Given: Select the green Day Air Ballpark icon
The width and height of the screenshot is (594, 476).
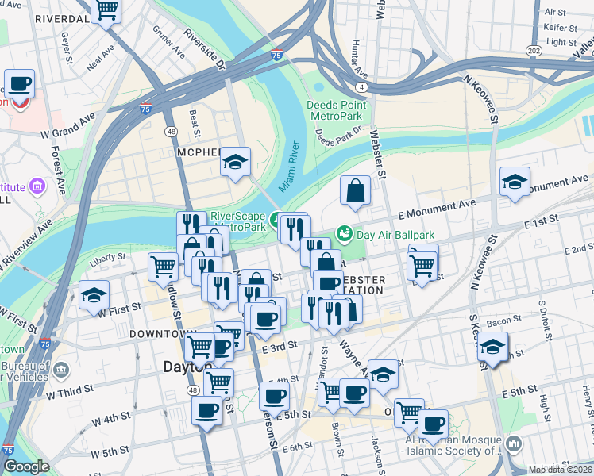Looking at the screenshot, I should (x=345, y=233).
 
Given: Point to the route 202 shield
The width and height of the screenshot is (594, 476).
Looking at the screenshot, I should (x=534, y=51).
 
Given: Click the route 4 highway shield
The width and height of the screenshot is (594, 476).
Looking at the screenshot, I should (x=361, y=86).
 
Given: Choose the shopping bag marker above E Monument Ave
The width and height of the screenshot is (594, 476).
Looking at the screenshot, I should (x=355, y=190).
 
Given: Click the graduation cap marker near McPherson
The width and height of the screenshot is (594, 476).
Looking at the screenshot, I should (x=235, y=162).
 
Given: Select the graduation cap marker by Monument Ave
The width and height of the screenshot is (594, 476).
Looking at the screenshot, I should (x=515, y=182).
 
